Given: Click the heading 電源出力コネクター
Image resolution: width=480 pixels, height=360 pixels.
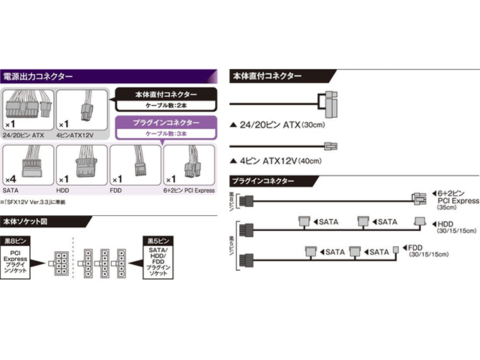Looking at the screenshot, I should [x=39, y=76].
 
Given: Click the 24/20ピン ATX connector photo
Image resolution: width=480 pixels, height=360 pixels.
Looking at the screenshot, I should [x=28, y=107].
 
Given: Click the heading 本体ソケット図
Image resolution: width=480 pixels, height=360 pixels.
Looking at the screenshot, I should [x=31, y=222].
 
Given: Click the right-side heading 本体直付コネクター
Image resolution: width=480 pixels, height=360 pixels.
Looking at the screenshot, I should [x=268, y=76].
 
